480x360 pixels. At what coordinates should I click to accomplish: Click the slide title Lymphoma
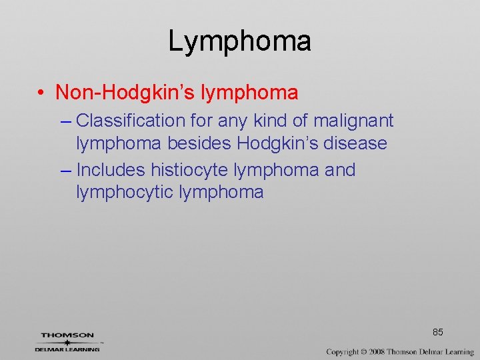click(239, 41)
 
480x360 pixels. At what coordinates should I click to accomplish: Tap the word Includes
click(110, 170)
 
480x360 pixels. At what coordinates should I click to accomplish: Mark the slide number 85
click(438, 332)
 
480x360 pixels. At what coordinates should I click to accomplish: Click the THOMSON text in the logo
click(67, 335)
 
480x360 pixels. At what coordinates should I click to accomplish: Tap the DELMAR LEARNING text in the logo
click(67, 349)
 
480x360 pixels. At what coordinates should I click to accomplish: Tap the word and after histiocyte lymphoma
click(339, 170)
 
